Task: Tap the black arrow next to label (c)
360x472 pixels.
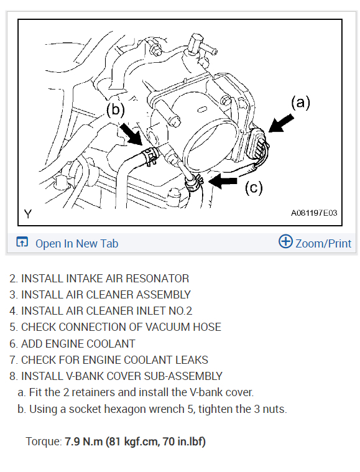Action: tap(225, 181)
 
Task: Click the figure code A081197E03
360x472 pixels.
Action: tap(313, 213)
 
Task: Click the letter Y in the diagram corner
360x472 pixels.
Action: tap(28, 213)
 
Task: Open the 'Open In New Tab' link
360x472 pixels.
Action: tap(76, 244)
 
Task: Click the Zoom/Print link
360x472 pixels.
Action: tap(323, 244)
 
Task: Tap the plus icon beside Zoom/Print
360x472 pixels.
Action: tap(285, 242)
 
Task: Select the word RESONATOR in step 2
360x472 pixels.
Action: tap(159, 279)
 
